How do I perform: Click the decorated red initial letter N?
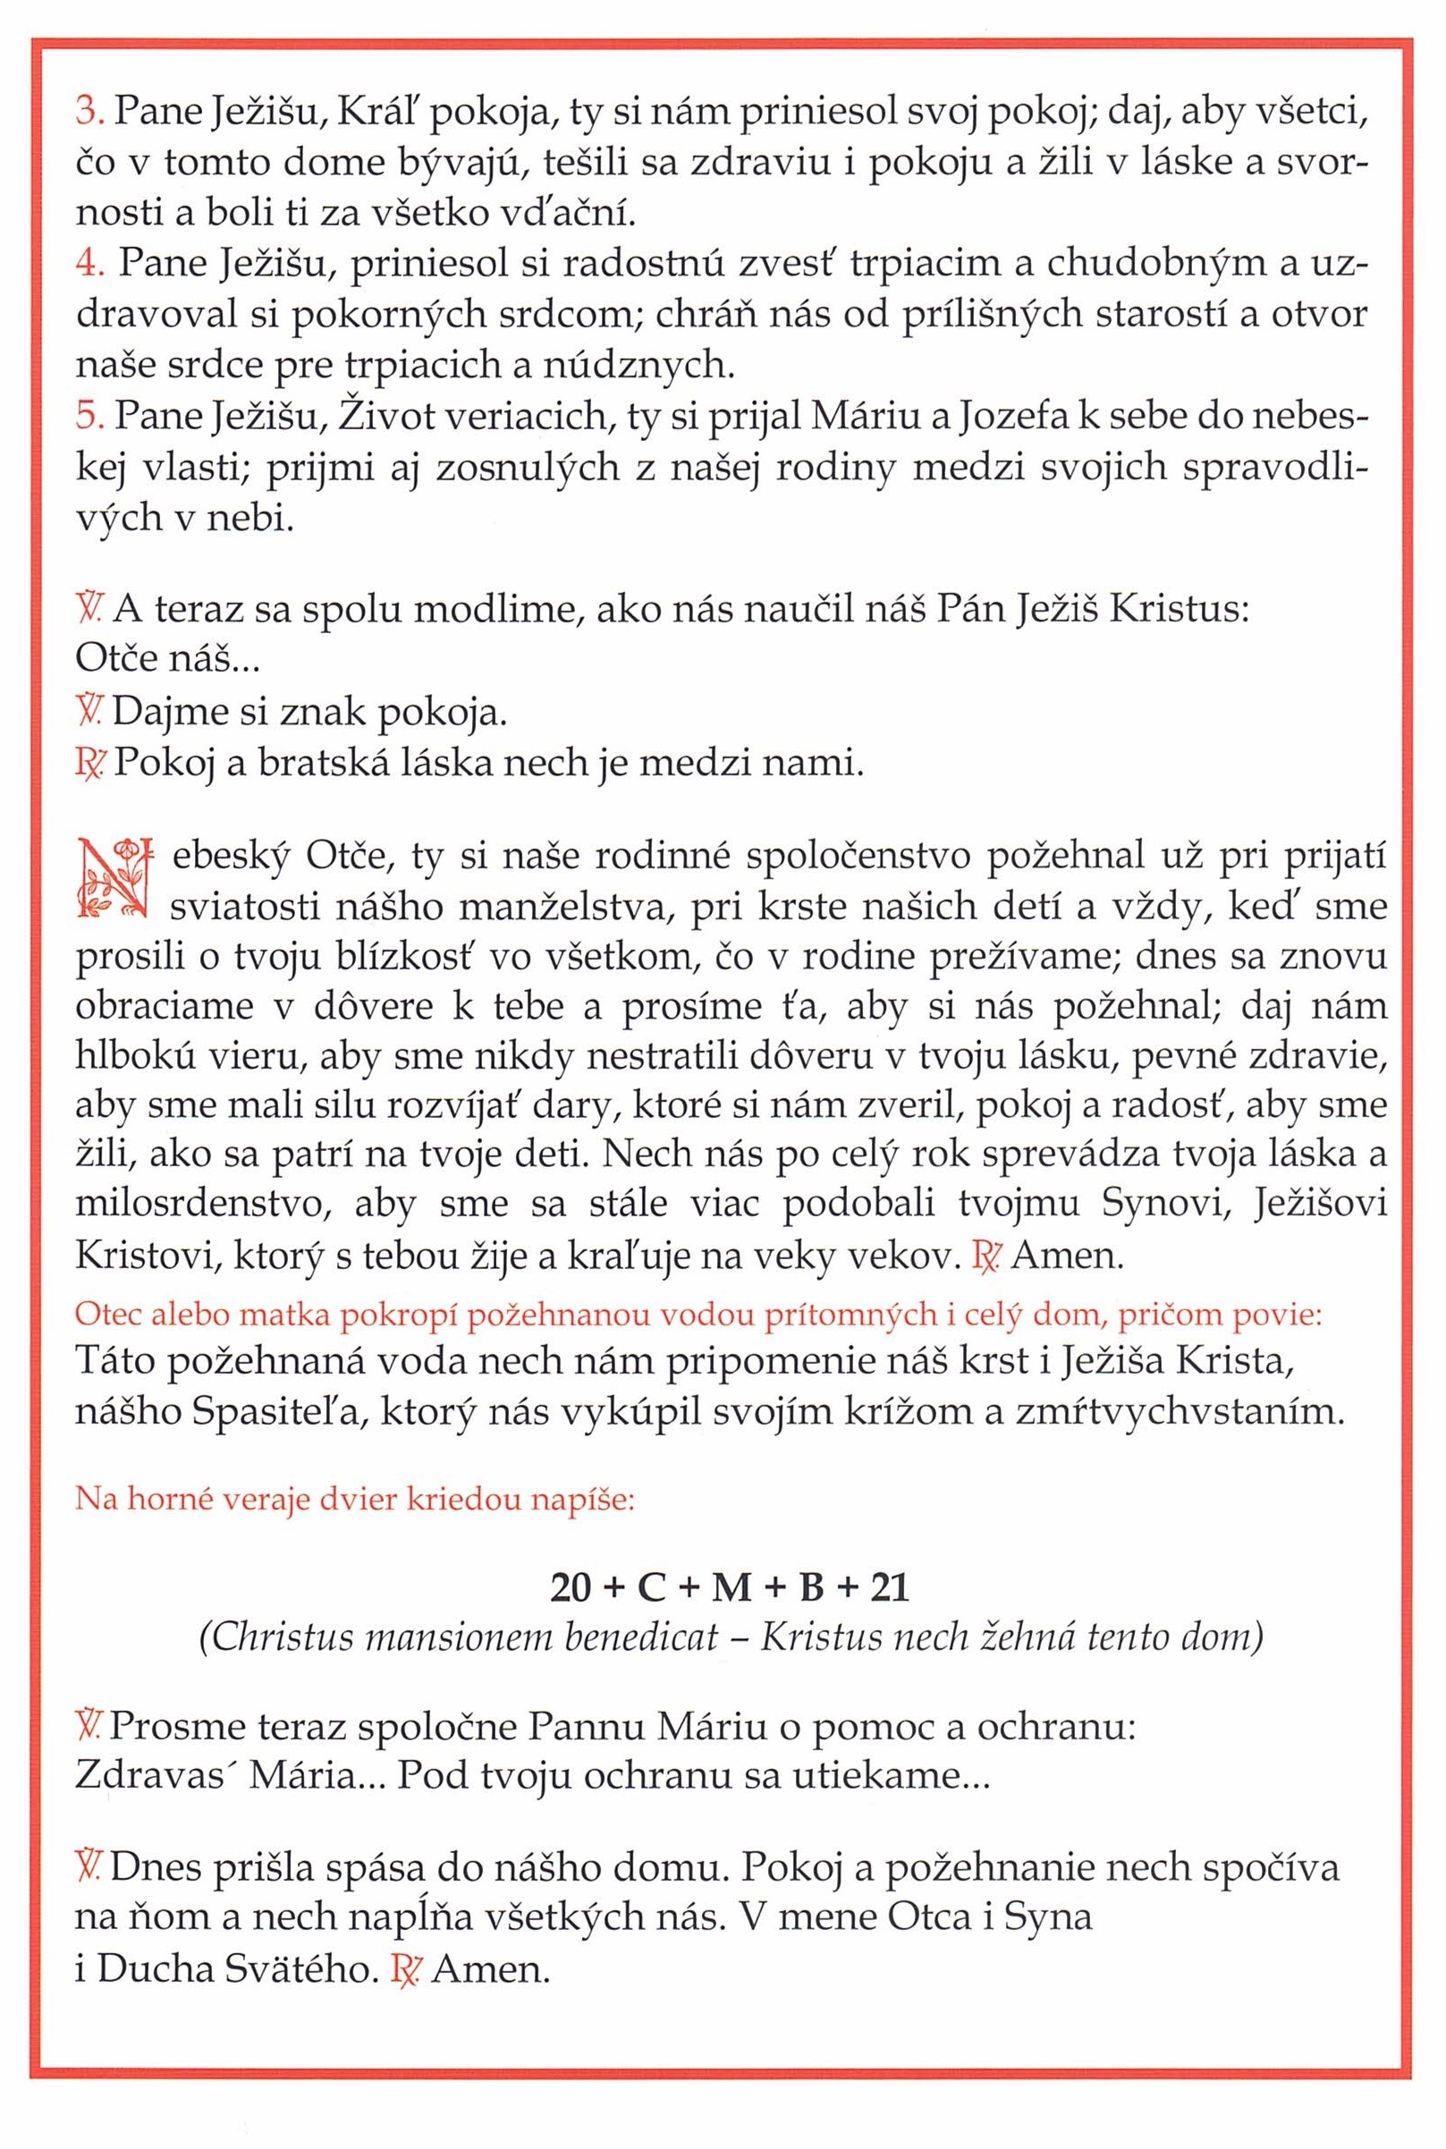pyautogui.click(x=113, y=879)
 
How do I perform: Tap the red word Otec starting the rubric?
pyautogui.click(x=108, y=1315)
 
